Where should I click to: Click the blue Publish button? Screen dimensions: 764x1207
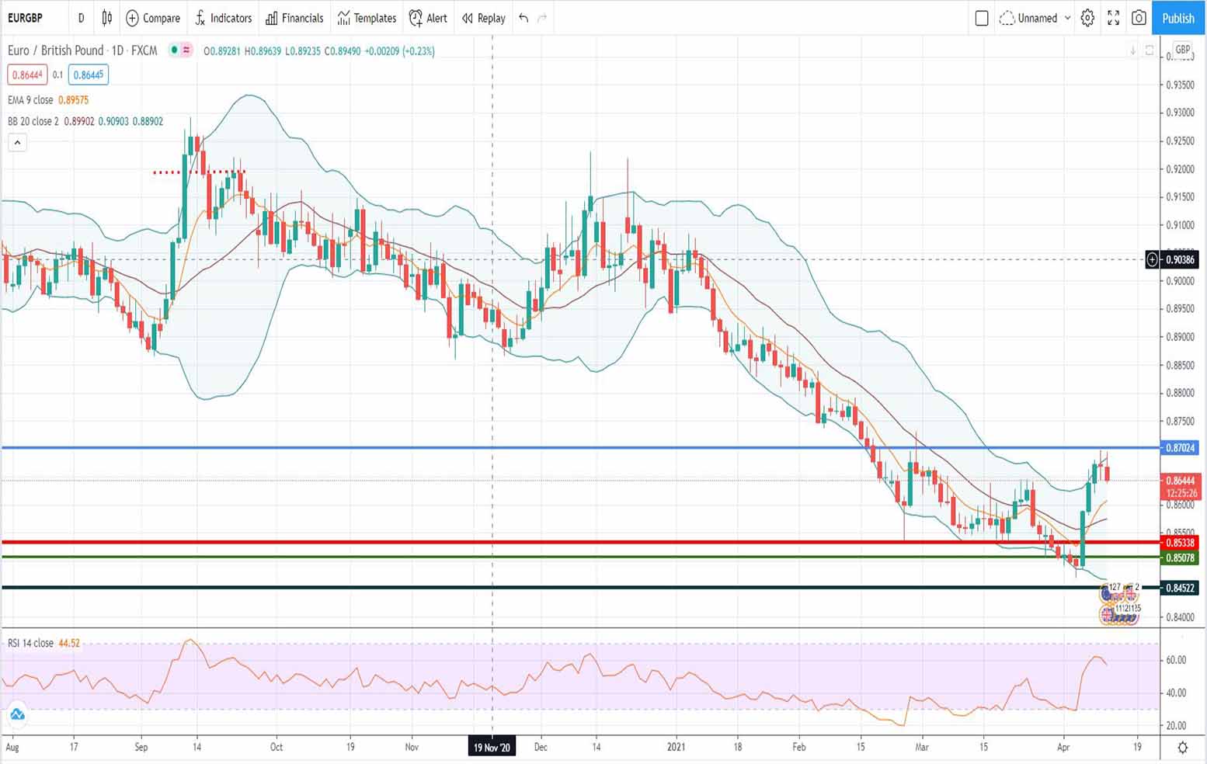tap(1177, 18)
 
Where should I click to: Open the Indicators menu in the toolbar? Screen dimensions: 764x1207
tap(224, 18)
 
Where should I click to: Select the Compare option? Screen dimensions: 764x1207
tap(153, 18)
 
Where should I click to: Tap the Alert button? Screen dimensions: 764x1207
tap(428, 18)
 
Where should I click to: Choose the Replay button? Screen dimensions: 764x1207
tap(483, 18)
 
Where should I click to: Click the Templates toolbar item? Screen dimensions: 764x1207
tap(367, 18)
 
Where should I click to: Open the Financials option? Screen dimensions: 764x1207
tap(294, 18)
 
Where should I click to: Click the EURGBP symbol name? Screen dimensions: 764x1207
tap(25, 18)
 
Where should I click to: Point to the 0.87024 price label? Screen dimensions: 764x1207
tap(1180, 448)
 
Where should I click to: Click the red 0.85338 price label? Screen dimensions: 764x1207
tap(1180, 542)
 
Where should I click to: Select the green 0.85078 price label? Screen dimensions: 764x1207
tap(1180, 557)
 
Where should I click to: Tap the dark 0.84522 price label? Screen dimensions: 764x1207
tap(1180, 588)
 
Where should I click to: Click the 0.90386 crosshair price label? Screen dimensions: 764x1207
tap(1180, 259)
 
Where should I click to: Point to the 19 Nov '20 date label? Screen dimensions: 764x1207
tap(492, 747)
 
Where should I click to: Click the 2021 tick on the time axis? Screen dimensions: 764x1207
tap(677, 747)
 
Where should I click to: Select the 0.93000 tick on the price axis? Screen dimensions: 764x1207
tap(1180, 113)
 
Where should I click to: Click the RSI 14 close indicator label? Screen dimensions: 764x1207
tap(31, 643)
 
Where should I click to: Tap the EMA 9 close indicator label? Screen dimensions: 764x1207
tap(30, 99)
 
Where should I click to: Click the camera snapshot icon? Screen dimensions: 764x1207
tap(1139, 18)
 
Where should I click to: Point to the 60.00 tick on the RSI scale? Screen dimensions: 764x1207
tap(1176, 660)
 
